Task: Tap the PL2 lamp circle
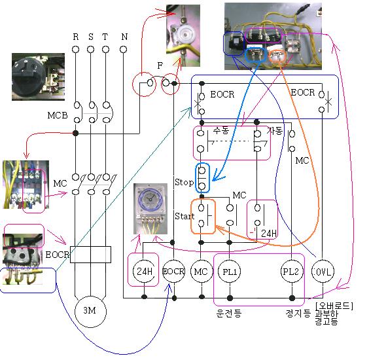point(290,272)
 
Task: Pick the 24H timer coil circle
point(144,272)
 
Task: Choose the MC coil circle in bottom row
point(201,272)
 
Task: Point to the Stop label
point(184,182)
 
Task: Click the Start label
point(184,216)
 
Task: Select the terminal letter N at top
point(124,36)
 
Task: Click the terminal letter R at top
point(76,36)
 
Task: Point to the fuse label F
point(160,66)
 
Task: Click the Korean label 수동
point(221,130)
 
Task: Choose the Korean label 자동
point(275,130)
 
